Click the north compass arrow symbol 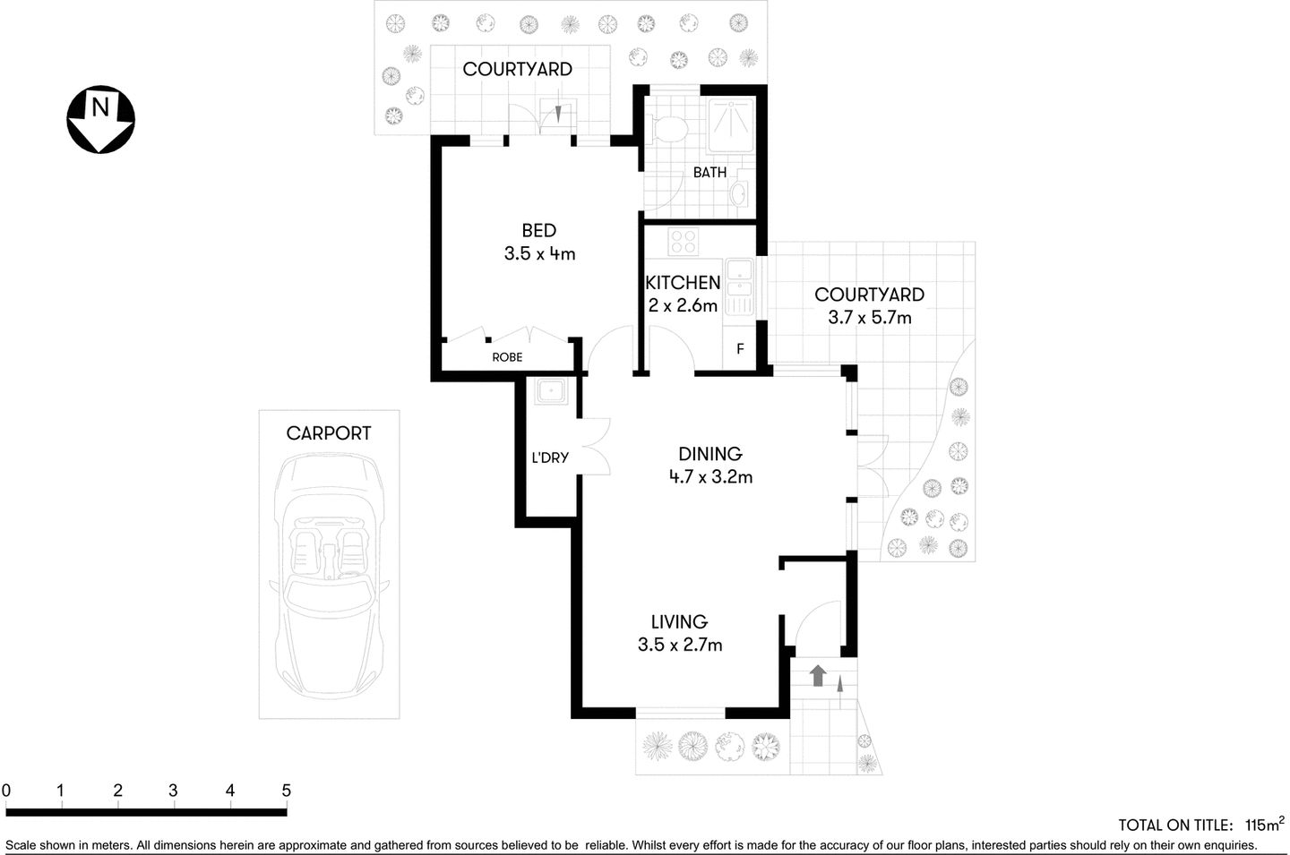point(101,119)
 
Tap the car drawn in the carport point(329,573)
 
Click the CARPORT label point(328,433)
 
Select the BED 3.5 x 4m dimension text point(539,253)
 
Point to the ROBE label point(507,357)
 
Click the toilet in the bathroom point(668,128)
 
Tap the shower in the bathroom point(731,124)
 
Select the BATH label point(709,172)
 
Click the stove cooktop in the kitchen point(684,242)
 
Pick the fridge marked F point(740,348)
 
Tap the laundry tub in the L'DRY point(549,392)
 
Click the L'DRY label point(550,457)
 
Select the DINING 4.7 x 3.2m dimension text point(710,477)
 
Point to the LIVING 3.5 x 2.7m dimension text point(679,645)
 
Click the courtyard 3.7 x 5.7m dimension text point(869,317)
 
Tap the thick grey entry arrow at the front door point(817,675)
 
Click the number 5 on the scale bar point(286,791)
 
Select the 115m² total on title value point(1264,825)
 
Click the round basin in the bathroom point(740,192)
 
